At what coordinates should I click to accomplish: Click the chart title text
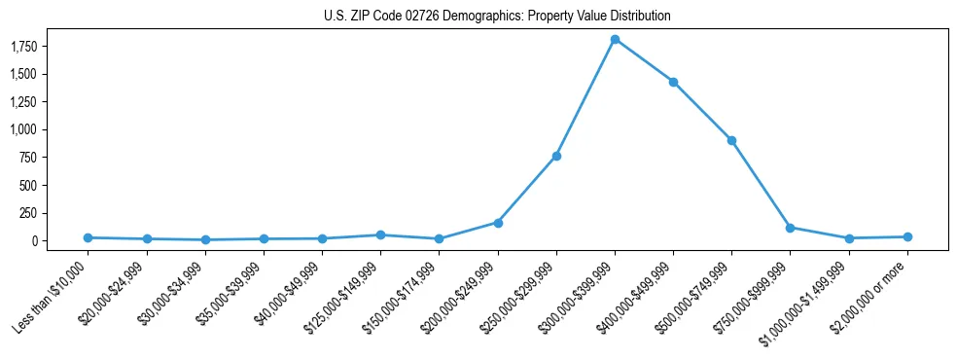pos(497,17)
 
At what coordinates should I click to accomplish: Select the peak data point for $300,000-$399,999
pos(615,39)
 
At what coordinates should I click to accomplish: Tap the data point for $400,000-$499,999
pos(673,82)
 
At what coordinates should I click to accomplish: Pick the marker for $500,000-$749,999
pos(731,140)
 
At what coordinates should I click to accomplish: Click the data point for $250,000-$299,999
pos(556,156)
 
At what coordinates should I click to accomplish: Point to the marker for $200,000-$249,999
pos(498,223)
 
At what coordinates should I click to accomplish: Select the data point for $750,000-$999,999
pos(790,228)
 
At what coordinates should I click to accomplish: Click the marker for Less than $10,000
pos(88,237)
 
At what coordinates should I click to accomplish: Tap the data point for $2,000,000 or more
pos(907,236)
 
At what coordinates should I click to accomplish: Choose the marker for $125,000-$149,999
pos(380,234)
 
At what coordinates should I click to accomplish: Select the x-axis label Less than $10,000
pos(53,294)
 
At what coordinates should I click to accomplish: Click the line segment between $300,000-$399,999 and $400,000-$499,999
pos(644,60)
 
